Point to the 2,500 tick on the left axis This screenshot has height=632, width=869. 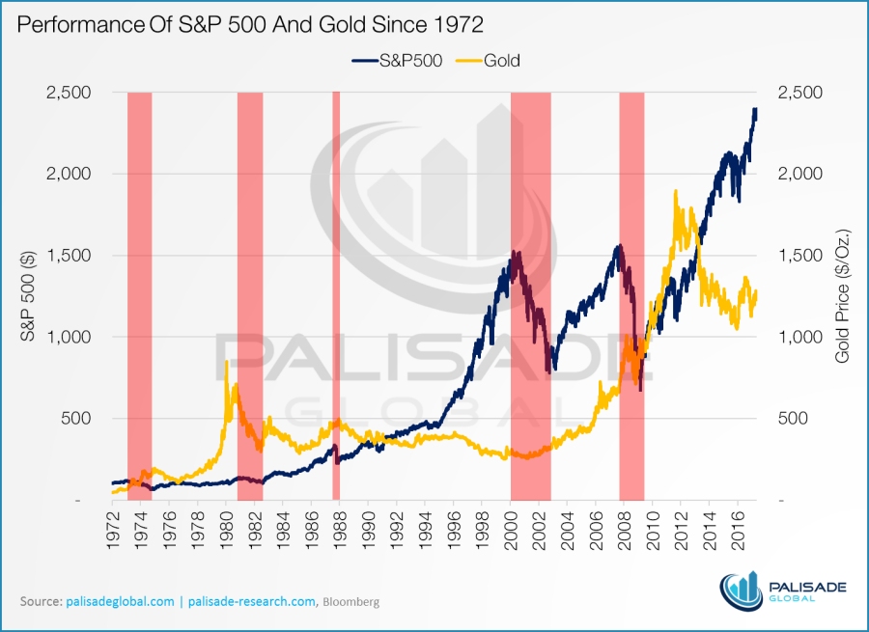(69, 93)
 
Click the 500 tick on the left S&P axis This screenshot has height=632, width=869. (77, 419)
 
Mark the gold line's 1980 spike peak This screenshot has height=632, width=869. (226, 362)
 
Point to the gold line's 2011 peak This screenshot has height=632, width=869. (676, 192)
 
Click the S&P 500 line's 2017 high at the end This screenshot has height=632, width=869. (755, 109)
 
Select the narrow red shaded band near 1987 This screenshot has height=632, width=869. (336, 289)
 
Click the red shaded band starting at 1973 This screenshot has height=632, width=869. (139, 289)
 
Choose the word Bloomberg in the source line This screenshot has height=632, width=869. (351, 601)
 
